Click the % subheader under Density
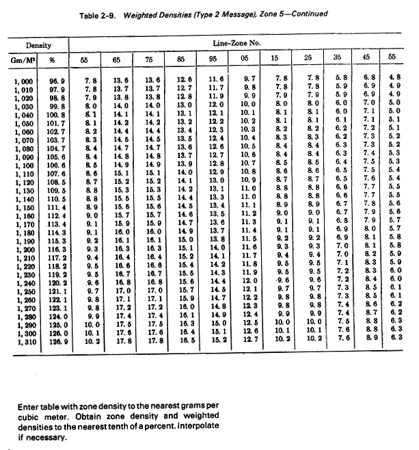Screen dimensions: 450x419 [x=57, y=60]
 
